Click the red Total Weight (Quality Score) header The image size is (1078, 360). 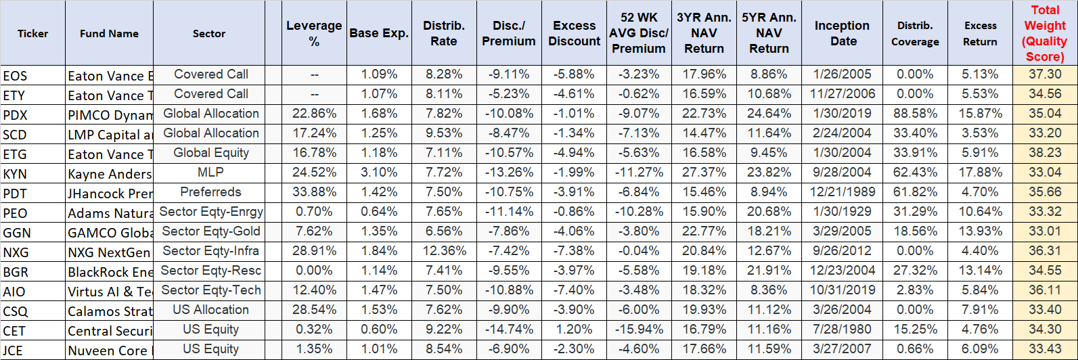pos(1044,33)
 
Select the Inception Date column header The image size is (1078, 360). pos(842,33)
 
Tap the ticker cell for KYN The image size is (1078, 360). pos(15,174)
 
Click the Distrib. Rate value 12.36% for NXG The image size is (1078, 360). pos(444,251)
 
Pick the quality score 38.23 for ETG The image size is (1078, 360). pos(1045,153)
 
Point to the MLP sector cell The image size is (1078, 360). pos(210,173)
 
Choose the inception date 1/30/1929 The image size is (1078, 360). pos(843,212)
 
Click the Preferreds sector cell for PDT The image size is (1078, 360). pos(210,192)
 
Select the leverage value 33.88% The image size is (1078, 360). pos(314,192)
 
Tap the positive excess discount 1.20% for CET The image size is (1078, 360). pos(574,330)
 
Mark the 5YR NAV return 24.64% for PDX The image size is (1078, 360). pos(769,114)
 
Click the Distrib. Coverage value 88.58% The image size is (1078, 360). pos(915,114)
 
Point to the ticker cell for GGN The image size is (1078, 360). pos(17,233)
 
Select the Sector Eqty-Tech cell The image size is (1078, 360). pos(210,290)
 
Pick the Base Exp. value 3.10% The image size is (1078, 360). pos(379,173)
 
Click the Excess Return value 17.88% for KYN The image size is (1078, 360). pos(980,173)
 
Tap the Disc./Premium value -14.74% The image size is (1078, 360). pos(509,330)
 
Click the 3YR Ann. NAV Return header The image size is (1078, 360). pos(704,33)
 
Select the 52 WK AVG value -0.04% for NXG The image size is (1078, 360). pos(639,251)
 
